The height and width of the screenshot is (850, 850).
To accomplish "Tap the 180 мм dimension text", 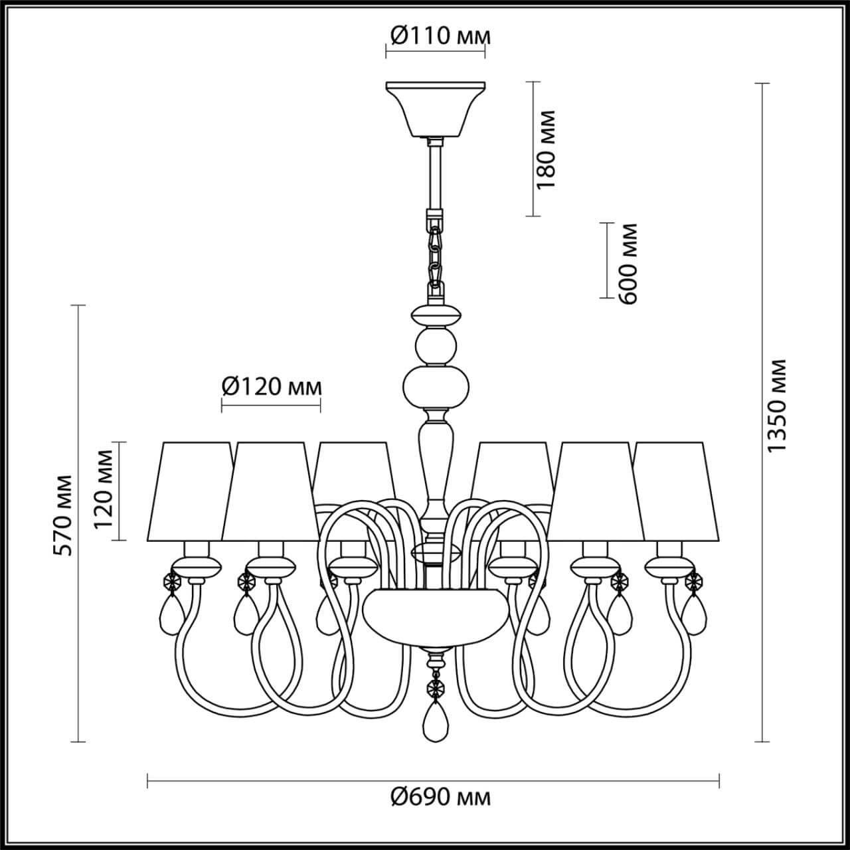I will point(546,149).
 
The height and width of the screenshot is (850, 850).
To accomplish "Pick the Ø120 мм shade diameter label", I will point(271,386).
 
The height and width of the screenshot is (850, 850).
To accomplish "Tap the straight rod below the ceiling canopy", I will point(436,176).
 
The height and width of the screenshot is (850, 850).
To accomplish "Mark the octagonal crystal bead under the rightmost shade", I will point(694,582).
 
